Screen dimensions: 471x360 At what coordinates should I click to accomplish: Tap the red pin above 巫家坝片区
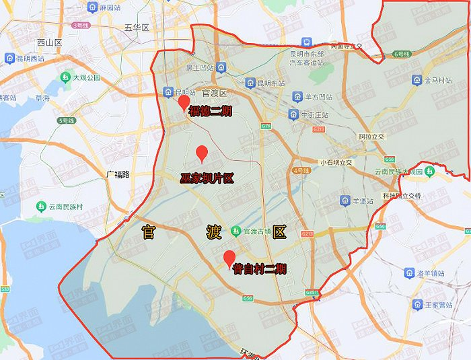[x=201, y=154]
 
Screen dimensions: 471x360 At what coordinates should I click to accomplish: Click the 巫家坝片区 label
[x=207, y=178]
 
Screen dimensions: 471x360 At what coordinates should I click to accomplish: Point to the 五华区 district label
[x=136, y=28]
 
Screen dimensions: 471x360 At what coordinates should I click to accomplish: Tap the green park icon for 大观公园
[x=66, y=78]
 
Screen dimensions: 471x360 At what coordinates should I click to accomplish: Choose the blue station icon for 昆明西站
[x=11, y=58]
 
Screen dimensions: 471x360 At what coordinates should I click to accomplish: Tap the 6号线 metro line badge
[x=401, y=53]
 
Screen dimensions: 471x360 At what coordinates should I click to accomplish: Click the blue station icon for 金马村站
[x=418, y=80]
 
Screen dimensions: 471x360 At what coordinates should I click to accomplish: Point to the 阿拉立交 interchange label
[x=371, y=136]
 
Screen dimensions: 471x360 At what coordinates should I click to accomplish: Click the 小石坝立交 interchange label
[x=336, y=162]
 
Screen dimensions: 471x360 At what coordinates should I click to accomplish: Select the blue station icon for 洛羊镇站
[x=408, y=273]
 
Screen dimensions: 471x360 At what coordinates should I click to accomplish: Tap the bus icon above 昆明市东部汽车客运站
[x=307, y=42]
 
